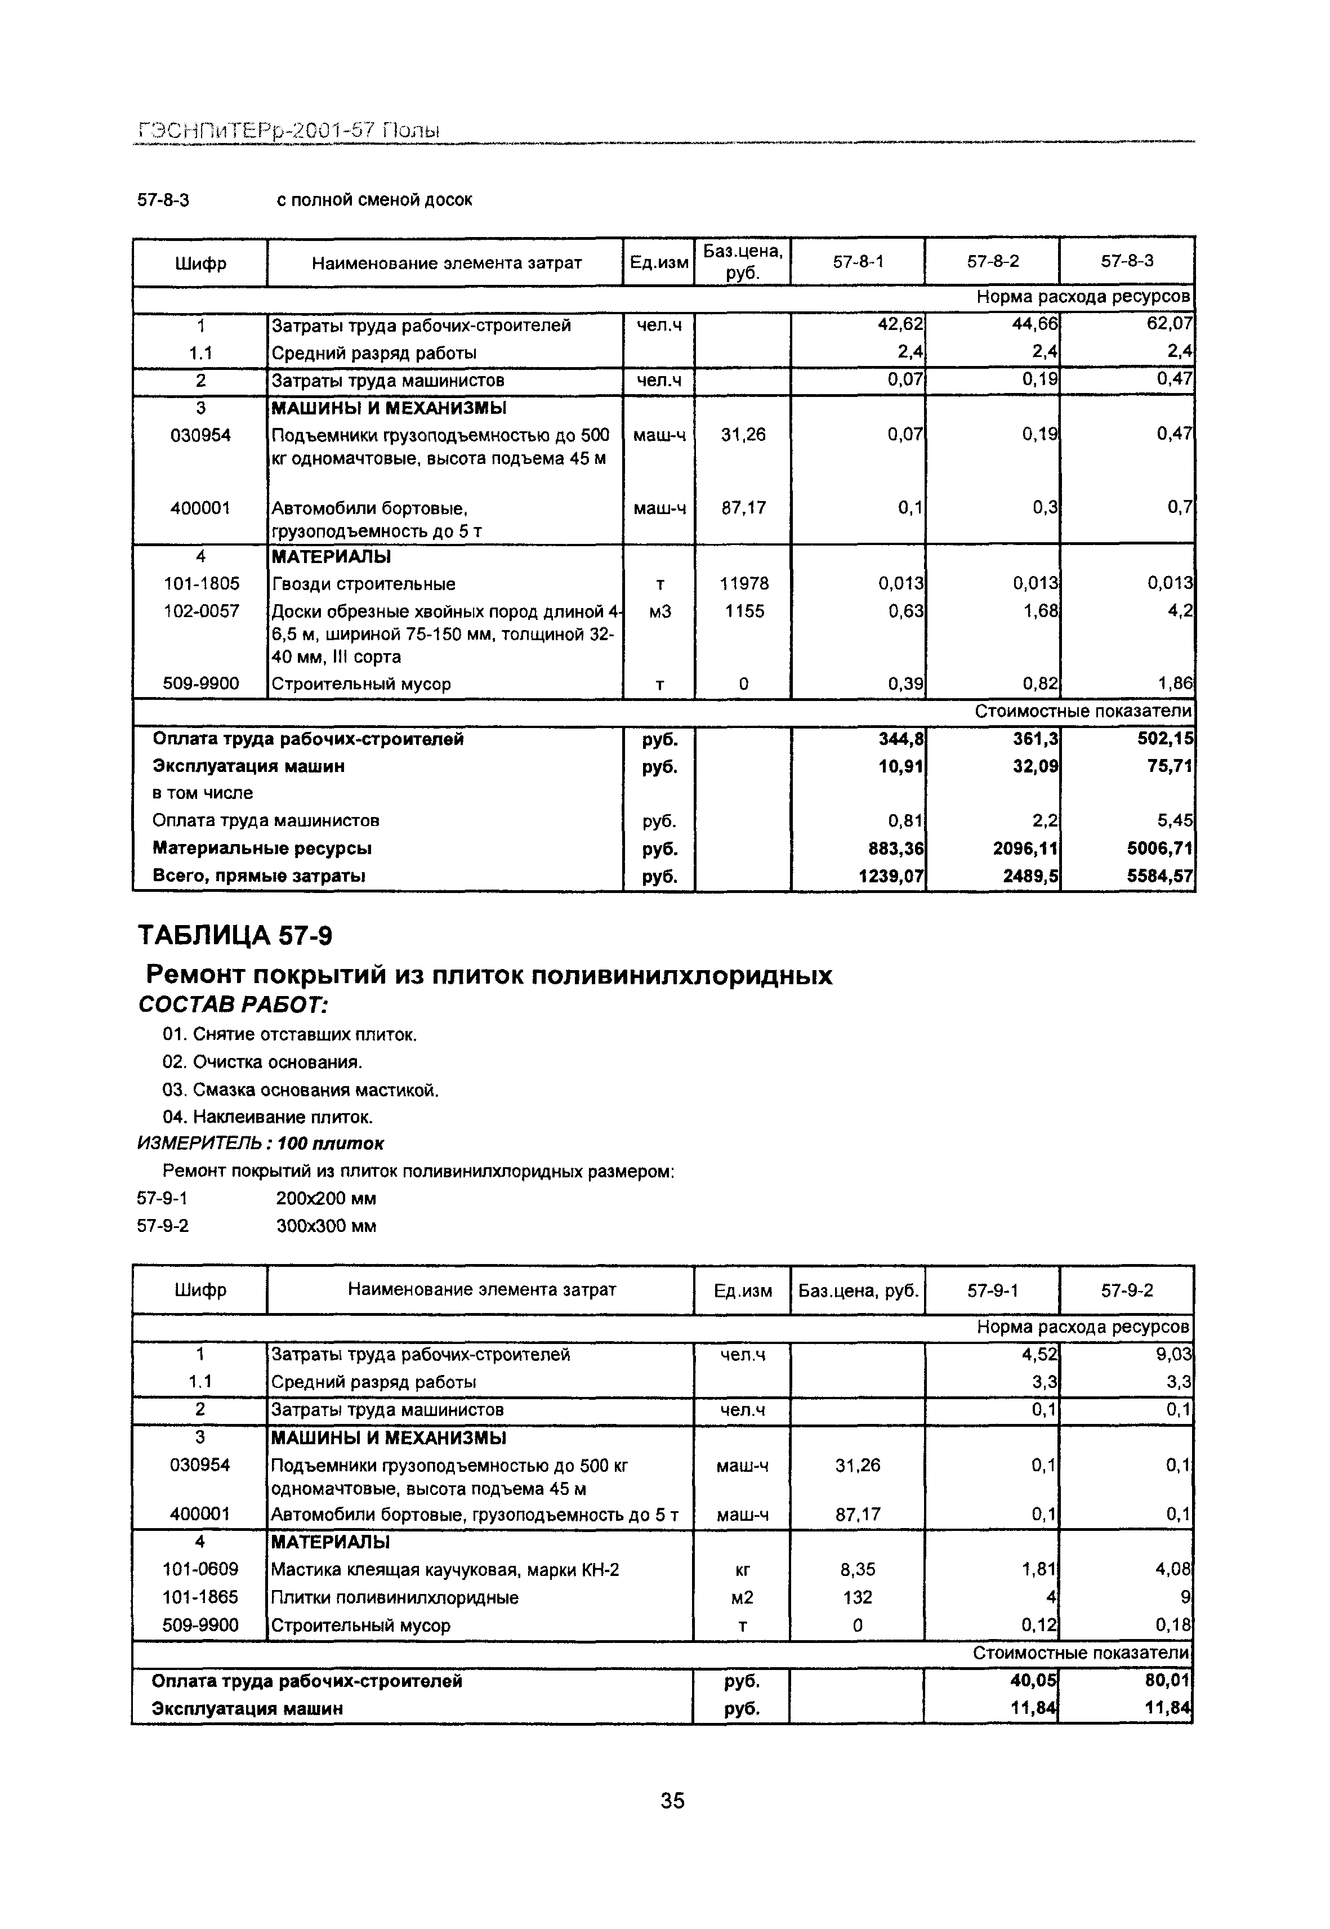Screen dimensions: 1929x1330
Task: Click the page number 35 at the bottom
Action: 672,1800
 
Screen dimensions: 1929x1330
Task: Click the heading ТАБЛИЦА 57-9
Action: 235,936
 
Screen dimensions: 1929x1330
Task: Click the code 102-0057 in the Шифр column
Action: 200,611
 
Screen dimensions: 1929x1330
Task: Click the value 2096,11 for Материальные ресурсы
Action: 1026,849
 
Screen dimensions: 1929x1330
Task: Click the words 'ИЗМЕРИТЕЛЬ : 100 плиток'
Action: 260,1143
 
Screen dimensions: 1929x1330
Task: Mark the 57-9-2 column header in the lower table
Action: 1127,1291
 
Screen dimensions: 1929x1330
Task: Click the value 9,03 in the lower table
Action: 1174,1355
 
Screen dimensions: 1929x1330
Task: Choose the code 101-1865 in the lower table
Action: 200,1597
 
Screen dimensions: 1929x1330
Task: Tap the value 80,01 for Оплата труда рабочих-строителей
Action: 1168,1681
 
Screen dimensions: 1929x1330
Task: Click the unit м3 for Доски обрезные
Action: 659,611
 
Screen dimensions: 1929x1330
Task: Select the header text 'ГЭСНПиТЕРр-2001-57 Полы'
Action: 288,131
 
